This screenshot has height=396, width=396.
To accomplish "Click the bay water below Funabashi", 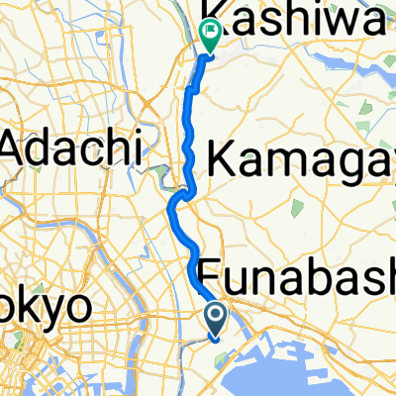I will [x=327, y=366].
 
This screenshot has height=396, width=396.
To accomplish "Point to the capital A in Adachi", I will [x=18, y=149].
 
